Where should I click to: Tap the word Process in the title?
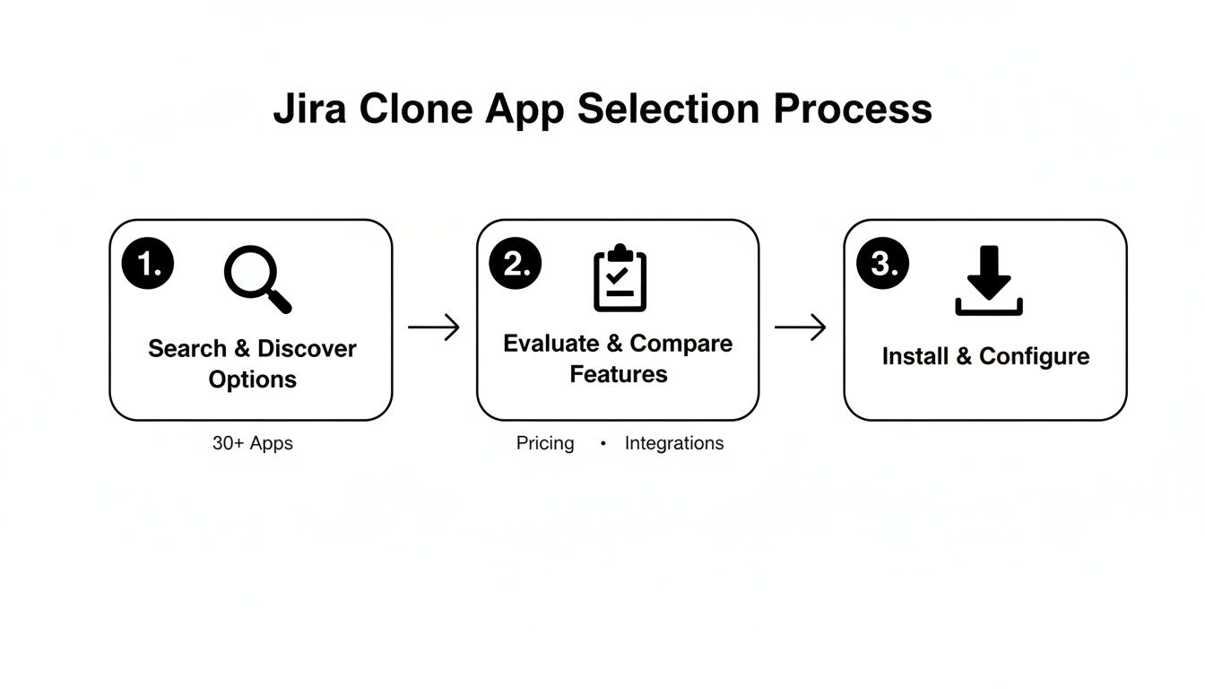pyautogui.click(x=853, y=109)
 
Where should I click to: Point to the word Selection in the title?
pyautogui.click(x=669, y=109)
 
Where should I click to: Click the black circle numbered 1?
pyautogui.click(x=148, y=264)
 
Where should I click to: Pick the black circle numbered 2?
pyautogui.click(x=516, y=264)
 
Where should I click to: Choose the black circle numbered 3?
pyautogui.click(x=883, y=264)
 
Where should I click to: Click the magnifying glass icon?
pyautogui.click(x=257, y=280)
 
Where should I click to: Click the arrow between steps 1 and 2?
pyautogui.click(x=434, y=327)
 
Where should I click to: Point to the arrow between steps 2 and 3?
pyautogui.click(x=801, y=327)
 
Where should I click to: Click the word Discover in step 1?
pyautogui.click(x=307, y=348)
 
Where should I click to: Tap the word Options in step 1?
pyautogui.click(x=253, y=379)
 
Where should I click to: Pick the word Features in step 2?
pyautogui.click(x=619, y=373)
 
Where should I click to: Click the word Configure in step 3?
pyautogui.click(x=1034, y=356)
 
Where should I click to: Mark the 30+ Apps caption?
pyautogui.click(x=253, y=443)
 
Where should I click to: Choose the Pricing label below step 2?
pyautogui.click(x=545, y=443)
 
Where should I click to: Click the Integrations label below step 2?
pyautogui.click(x=674, y=443)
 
